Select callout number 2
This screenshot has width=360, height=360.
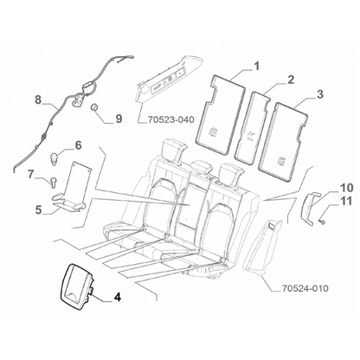tap(291, 80)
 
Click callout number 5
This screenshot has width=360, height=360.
tap(38, 209)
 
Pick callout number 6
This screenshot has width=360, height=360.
tap(78, 145)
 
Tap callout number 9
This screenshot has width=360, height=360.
tap(118, 117)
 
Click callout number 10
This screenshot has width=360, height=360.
tap(345, 187)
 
